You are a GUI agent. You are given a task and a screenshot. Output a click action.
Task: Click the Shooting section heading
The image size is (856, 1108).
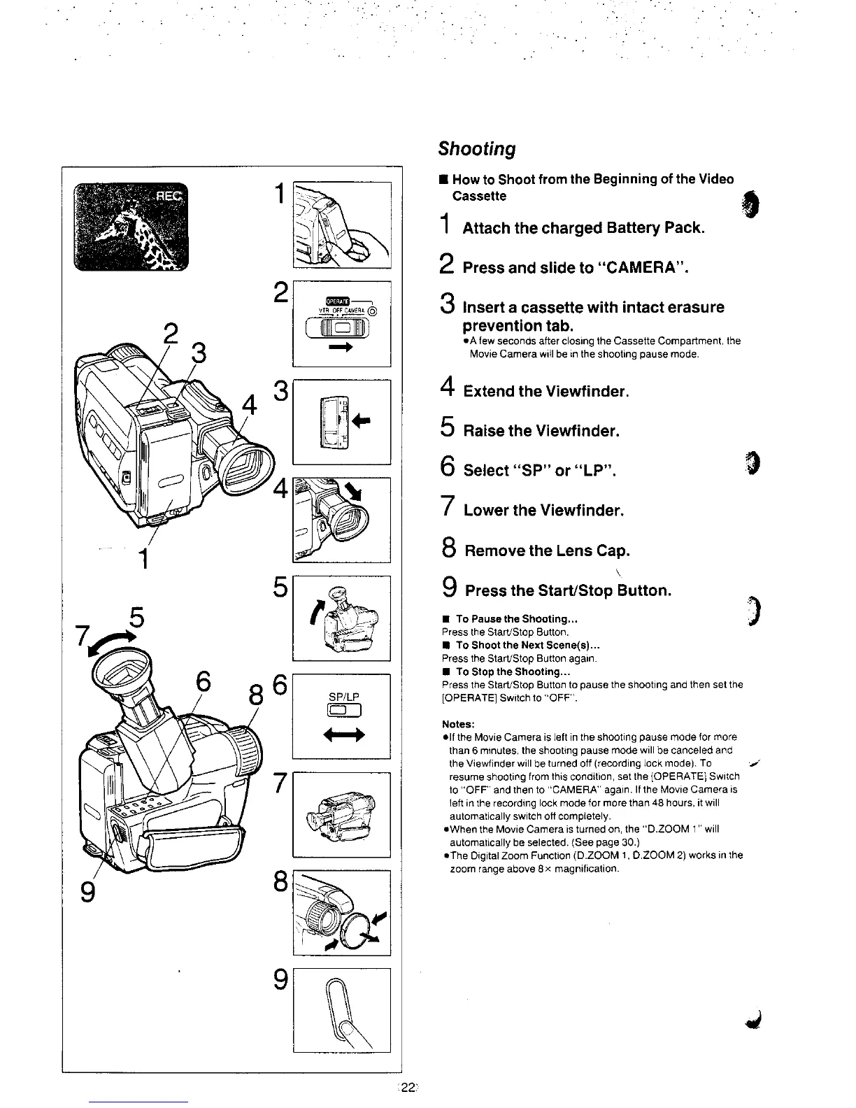tap(477, 149)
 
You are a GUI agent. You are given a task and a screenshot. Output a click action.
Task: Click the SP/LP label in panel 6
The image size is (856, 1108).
tap(343, 697)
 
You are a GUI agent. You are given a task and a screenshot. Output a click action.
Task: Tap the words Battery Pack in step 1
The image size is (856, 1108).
tap(655, 228)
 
